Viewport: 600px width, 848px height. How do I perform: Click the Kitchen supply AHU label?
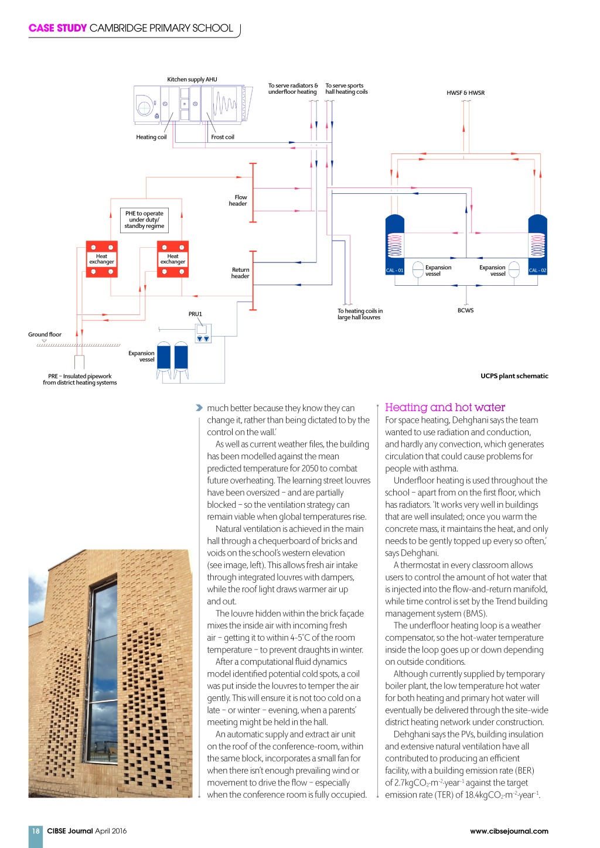pyautogui.click(x=192, y=80)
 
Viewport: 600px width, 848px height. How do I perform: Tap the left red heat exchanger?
pyautogui.click(x=101, y=259)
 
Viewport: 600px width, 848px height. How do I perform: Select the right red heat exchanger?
pyautogui.click(x=173, y=259)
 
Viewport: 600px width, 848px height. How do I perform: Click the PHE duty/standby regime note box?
pyautogui.click(x=144, y=220)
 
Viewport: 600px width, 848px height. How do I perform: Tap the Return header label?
pyautogui.click(x=240, y=273)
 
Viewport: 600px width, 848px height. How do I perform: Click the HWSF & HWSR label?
pyautogui.click(x=465, y=93)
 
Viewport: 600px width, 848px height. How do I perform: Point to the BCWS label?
pyautogui.click(x=465, y=310)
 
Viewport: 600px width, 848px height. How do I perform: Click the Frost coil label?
pyautogui.click(x=223, y=137)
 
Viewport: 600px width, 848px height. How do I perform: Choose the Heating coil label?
pyautogui.click(x=151, y=137)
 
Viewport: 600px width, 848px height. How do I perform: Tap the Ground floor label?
pyautogui.click(x=45, y=334)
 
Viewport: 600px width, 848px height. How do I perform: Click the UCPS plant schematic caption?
pyautogui.click(x=514, y=376)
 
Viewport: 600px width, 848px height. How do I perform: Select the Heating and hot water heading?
pyautogui.click(x=445, y=408)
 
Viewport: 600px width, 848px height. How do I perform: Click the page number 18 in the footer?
pyautogui.click(x=36, y=830)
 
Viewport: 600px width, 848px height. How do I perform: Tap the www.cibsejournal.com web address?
pyautogui.click(x=509, y=830)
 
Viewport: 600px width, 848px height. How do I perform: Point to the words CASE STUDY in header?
pyautogui.click(x=57, y=28)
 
